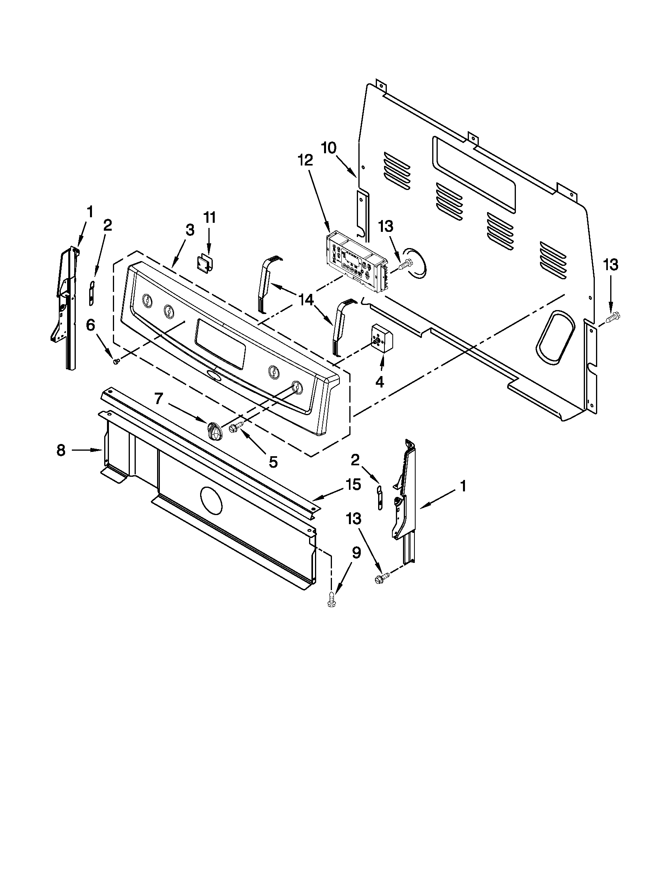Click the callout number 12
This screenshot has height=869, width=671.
[x=306, y=160]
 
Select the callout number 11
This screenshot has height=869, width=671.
[x=210, y=218]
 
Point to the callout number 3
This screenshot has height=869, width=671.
[x=190, y=230]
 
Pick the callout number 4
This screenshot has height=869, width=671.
[x=380, y=382]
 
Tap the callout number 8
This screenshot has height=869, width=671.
[x=60, y=450]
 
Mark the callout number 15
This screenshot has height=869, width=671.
[x=353, y=485]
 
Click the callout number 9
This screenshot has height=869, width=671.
[x=356, y=553]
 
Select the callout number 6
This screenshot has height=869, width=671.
[x=91, y=325]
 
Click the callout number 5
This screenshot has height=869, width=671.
[x=273, y=461]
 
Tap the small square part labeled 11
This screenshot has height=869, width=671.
[x=205, y=264]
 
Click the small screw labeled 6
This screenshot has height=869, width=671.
[x=116, y=361]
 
